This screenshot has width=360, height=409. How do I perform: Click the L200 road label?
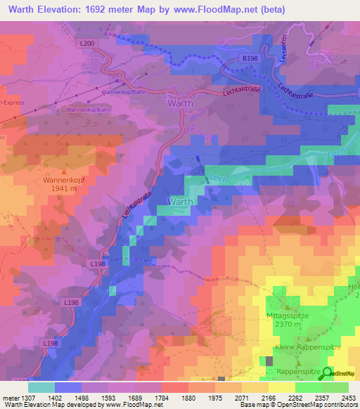coord(87,44)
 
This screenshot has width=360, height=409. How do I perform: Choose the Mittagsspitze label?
coord(288,316)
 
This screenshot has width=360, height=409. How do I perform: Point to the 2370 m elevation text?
coord(288,325)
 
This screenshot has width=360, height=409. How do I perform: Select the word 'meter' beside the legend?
coord(8,398)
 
